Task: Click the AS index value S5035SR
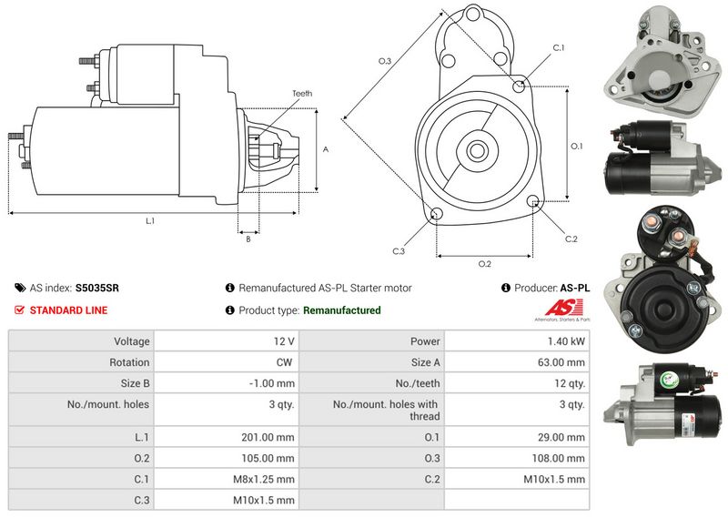tap(97, 288)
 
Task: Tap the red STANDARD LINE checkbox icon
tap(19, 310)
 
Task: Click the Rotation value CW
tap(284, 362)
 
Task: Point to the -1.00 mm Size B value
tap(271, 383)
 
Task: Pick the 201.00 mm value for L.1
tap(268, 437)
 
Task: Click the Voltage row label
tap(132, 341)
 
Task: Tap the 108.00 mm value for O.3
tap(558, 458)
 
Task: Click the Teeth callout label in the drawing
tap(302, 94)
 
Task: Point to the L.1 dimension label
tap(150, 221)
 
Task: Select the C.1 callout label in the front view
tap(559, 48)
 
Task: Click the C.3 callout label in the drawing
tap(399, 251)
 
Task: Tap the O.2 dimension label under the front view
tap(485, 264)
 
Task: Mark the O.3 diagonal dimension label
tap(385, 61)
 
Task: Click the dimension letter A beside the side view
tap(326, 149)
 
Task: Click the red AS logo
tap(563, 308)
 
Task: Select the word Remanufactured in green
tap(342, 310)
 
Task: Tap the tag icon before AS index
tap(20, 288)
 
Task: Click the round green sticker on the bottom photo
tap(669, 380)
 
